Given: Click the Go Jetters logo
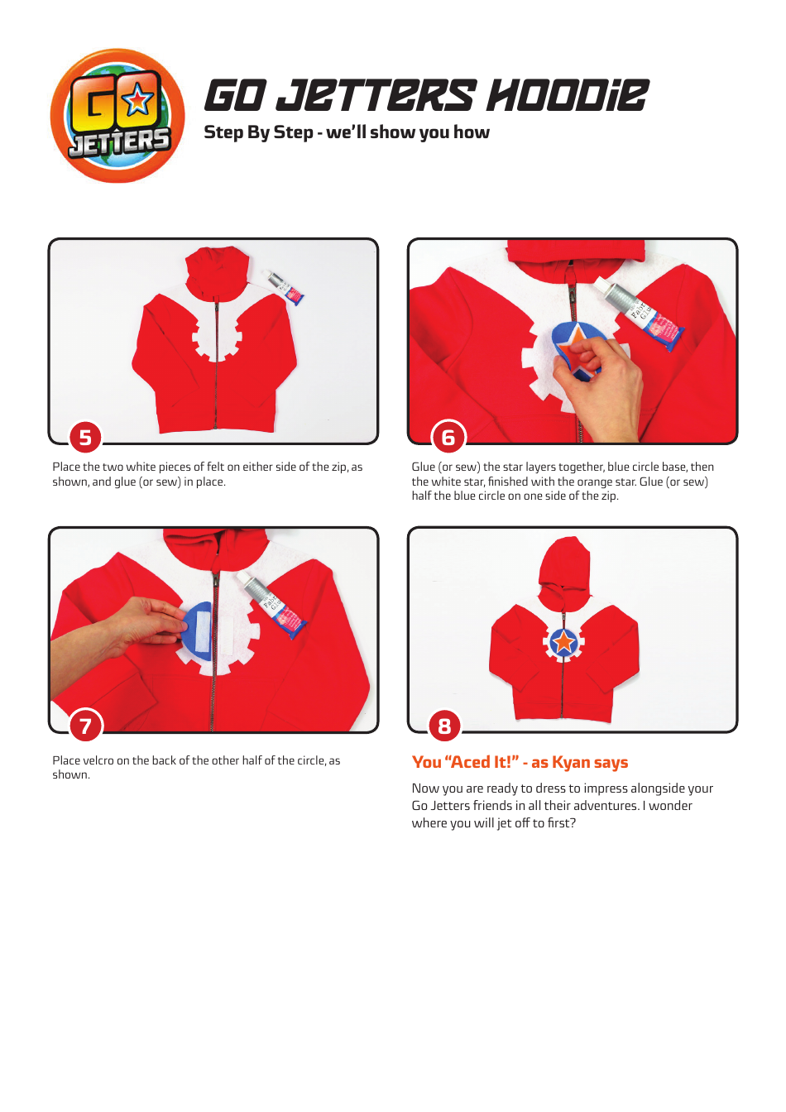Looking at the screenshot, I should pyautogui.click(x=117, y=117).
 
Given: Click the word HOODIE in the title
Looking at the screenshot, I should pyautogui.click(x=567, y=96).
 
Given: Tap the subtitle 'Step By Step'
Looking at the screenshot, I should pyautogui.click(x=258, y=132).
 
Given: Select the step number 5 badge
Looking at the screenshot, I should pyautogui.click(x=85, y=437).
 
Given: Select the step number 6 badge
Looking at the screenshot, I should pyautogui.click(x=448, y=437).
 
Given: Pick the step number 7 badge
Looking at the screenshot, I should pyautogui.click(x=85, y=726).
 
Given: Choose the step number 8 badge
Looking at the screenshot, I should pyautogui.click(x=444, y=726).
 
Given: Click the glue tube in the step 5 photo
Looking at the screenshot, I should pyautogui.click(x=284, y=286).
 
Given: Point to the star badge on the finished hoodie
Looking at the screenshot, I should pyautogui.click(x=564, y=641).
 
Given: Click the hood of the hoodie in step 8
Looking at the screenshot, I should pyautogui.click(x=564, y=563).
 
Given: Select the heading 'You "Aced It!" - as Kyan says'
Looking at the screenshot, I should pyautogui.click(x=520, y=762).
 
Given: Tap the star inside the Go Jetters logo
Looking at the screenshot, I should pyautogui.click(x=137, y=100).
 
